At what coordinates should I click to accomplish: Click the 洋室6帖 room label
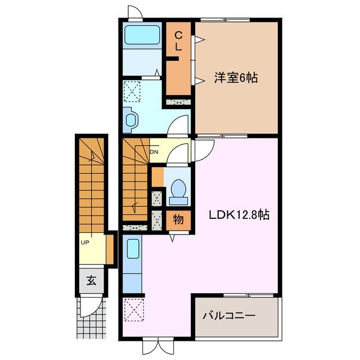tap(235, 79)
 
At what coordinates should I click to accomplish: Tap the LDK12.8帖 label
tap(239, 214)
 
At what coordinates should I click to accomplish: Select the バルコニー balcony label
tap(229, 316)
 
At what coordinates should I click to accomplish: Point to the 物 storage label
tap(178, 219)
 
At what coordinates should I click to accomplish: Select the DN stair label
tap(154, 151)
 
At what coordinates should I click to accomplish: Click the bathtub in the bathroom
tap(142, 35)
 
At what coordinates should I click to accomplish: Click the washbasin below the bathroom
tap(132, 120)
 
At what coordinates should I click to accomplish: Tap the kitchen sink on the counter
tap(133, 248)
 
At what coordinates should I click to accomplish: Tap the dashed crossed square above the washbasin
tap(132, 90)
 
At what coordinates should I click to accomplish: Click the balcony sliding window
tap(248, 295)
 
